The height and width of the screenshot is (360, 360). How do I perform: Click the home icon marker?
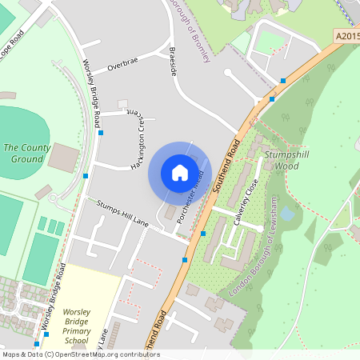180,172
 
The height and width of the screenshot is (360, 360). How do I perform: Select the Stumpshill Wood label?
286,160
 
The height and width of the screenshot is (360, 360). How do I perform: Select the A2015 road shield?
346,37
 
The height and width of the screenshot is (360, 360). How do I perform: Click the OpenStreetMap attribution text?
80,354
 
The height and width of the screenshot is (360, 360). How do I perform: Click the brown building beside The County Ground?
62,157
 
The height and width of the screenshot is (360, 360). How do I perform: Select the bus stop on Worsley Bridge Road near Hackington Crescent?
101,133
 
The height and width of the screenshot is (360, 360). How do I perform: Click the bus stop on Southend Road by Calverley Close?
203,234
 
